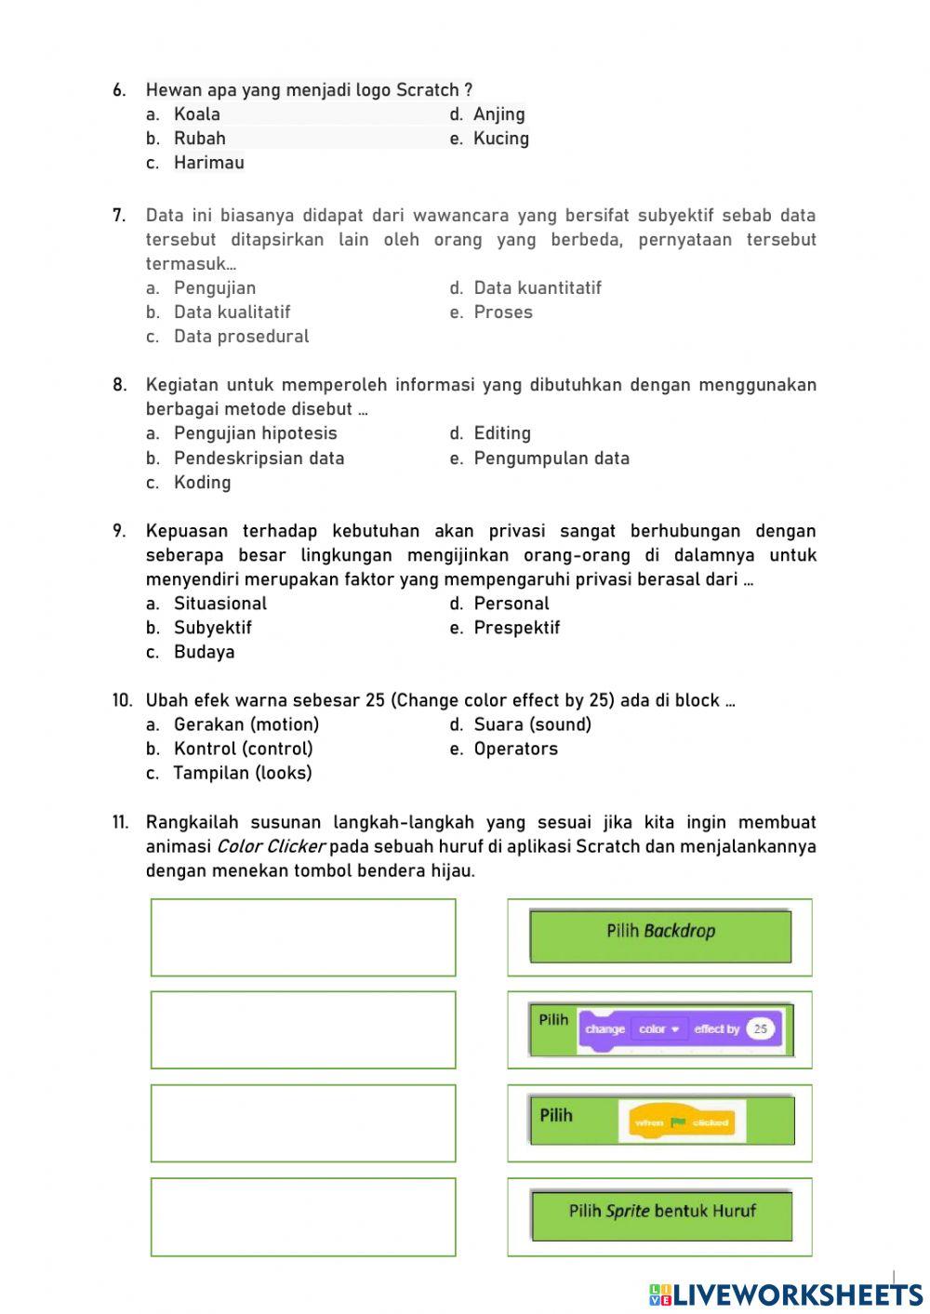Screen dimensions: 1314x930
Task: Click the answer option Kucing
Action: (x=500, y=139)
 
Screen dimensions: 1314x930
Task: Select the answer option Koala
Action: (x=196, y=114)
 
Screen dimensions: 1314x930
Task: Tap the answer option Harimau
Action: (x=208, y=163)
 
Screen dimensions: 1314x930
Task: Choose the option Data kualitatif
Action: (x=232, y=312)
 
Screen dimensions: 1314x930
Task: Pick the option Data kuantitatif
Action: (x=537, y=288)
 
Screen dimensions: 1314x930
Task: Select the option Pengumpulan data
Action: (x=551, y=458)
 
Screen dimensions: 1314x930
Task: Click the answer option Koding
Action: (x=202, y=483)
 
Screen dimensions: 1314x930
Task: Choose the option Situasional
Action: (x=219, y=604)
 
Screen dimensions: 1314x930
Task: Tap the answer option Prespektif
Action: (x=516, y=628)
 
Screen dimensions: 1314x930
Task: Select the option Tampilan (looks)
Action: (x=242, y=773)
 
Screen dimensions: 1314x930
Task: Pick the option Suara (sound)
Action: (x=532, y=724)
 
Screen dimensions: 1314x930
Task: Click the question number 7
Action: (x=119, y=216)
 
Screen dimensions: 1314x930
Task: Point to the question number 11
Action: (x=121, y=823)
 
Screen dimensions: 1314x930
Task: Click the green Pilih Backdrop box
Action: (x=660, y=936)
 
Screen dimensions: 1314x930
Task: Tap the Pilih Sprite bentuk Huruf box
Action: (x=661, y=1214)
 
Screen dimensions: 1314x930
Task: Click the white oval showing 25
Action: (x=760, y=1029)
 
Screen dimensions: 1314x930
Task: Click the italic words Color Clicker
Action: (x=271, y=847)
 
